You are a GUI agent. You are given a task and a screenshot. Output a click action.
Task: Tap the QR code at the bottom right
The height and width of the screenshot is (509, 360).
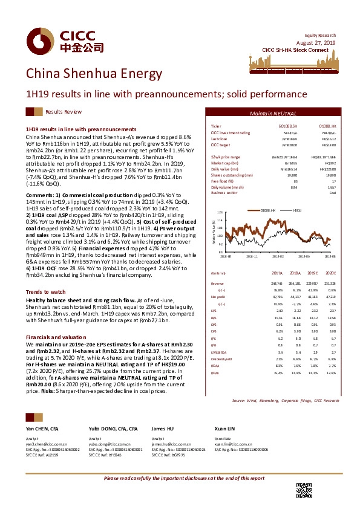point(303,490)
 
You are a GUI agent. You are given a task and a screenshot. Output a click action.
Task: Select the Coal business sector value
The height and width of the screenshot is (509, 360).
point(332,193)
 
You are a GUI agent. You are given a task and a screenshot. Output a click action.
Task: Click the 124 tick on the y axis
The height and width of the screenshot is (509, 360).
point(220,212)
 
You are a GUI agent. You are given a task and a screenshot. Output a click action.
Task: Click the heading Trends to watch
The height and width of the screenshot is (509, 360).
point(42,291)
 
